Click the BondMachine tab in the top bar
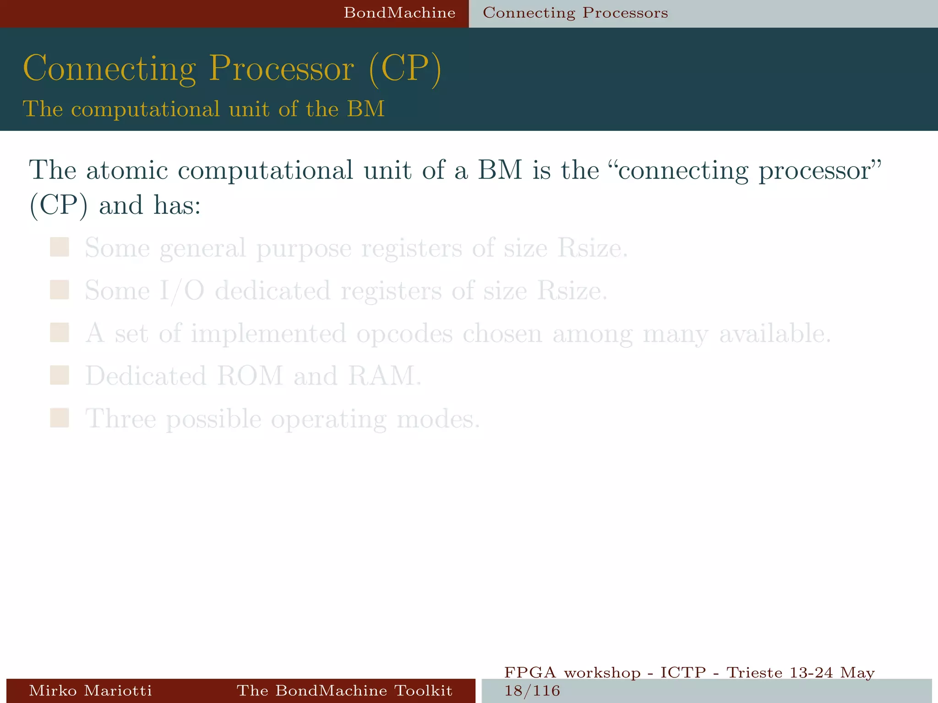coord(399,13)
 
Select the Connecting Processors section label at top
coord(575,13)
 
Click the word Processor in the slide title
coord(282,69)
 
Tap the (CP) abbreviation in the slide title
coord(405,69)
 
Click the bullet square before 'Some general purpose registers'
coord(60,247)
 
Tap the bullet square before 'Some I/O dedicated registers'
coord(60,290)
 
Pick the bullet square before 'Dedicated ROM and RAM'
coord(60,375)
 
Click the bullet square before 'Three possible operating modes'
coord(60,418)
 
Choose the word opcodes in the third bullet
coord(404,334)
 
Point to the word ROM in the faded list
coord(250,376)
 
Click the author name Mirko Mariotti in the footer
coord(90,690)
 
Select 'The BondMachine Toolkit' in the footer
coord(344,690)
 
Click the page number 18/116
coord(532,691)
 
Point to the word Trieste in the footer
coord(754,673)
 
